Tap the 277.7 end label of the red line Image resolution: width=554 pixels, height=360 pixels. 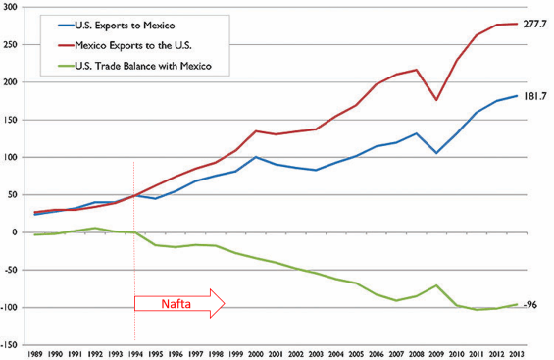(x=535, y=23)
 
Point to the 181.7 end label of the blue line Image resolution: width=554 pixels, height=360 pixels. (x=535, y=96)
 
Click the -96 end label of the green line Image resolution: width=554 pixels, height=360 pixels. (x=530, y=305)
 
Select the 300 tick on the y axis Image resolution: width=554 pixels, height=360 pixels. (x=11, y=7)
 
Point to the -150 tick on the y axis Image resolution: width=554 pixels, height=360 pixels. (x=11, y=344)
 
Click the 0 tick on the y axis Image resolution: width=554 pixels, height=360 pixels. (x=17, y=232)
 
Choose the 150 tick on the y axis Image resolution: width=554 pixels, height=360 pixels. (x=11, y=120)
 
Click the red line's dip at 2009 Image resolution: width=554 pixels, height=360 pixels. (x=437, y=100)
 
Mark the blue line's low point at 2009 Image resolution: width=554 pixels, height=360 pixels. (x=437, y=153)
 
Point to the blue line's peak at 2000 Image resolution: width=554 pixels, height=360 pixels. (x=256, y=157)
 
